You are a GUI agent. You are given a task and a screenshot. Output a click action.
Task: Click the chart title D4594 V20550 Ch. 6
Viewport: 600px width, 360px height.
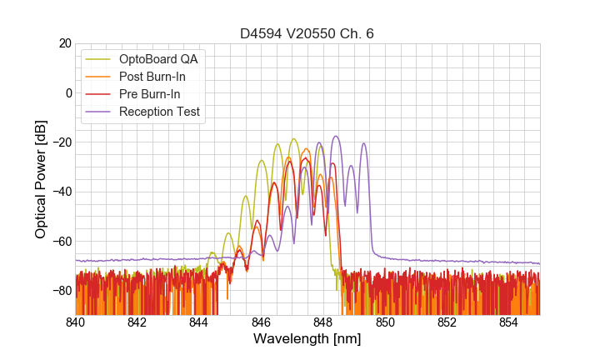pos(307,33)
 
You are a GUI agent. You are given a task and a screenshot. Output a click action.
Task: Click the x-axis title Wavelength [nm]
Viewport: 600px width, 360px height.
pos(307,339)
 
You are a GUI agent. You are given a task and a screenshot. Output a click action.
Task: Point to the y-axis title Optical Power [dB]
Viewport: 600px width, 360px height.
pos(41,179)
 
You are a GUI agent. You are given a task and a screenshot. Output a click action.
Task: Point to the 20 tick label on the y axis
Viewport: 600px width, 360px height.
pos(63,43)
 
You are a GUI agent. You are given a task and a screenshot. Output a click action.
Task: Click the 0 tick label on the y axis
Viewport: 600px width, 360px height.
pos(67,92)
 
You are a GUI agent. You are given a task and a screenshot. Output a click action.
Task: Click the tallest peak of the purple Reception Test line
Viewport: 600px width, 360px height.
pos(336,137)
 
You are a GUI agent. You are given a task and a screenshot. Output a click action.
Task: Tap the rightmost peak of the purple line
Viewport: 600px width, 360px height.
pos(363,143)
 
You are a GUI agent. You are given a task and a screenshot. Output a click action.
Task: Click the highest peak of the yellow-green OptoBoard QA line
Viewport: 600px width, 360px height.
pos(294,139)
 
